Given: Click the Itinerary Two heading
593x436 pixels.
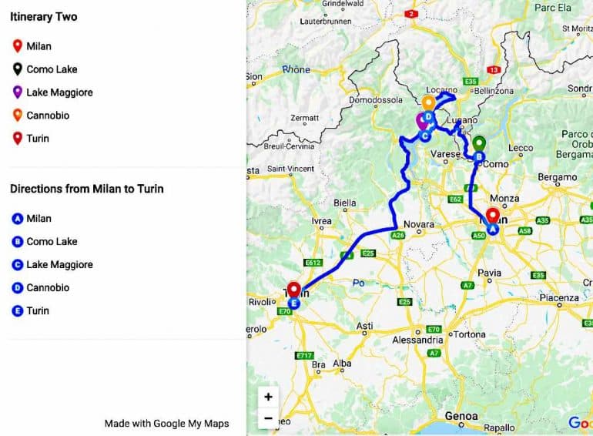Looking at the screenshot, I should point(44,17).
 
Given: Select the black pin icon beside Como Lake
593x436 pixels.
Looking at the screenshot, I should point(17,69).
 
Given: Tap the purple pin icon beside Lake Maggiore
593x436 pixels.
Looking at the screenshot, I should point(17,92).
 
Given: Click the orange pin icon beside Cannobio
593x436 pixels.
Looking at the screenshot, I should point(17,116).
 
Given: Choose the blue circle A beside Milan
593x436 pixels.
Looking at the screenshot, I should point(17,219).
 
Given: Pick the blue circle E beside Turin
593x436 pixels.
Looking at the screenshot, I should point(17,311).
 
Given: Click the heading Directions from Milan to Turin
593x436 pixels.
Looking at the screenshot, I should point(86,189).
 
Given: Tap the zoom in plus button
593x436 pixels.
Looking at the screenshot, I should point(268,397).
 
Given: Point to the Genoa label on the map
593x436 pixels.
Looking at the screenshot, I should point(461,417).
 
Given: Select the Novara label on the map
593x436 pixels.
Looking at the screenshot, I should point(419,224).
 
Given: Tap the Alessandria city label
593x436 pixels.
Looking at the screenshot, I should point(417,340).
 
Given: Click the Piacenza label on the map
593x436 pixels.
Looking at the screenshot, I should point(558,297).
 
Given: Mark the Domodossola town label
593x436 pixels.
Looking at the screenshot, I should point(376,100).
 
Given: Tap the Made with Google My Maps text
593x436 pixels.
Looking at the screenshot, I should point(166,423).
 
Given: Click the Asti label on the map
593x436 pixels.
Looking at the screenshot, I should point(366,327).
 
